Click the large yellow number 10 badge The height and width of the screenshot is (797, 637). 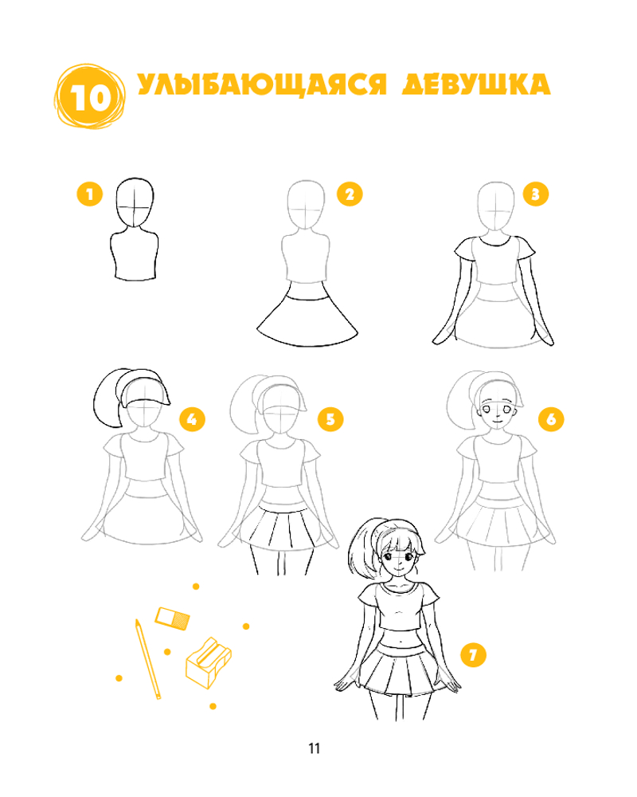pyautogui.click(x=89, y=96)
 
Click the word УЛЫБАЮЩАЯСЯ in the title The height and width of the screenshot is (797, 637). pyautogui.click(x=262, y=85)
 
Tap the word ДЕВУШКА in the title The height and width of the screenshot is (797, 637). pyautogui.click(x=476, y=84)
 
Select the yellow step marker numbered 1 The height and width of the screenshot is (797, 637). pyautogui.click(x=90, y=194)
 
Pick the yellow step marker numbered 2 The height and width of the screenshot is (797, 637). pyautogui.click(x=350, y=194)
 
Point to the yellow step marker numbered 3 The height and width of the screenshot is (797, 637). pyautogui.click(x=535, y=194)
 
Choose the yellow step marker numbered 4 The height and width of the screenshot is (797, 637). pyautogui.click(x=192, y=419)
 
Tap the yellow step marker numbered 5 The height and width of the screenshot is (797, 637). pyautogui.click(x=330, y=419)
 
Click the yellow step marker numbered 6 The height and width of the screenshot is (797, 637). pyautogui.click(x=551, y=419)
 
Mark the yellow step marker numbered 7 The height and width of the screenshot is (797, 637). pyautogui.click(x=474, y=654)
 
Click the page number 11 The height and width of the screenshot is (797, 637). pyautogui.click(x=315, y=748)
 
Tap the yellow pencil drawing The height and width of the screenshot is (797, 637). pyautogui.click(x=148, y=659)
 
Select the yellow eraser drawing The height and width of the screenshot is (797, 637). pyautogui.click(x=172, y=618)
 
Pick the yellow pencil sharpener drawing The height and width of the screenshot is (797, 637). pyautogui.click(x=209, y=663)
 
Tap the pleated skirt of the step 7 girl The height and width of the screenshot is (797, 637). pyautogui.click(x=400, y=669)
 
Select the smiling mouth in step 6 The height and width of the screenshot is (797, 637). pyautogui.click(x=497, y=420)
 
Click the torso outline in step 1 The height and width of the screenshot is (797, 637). pyautogui.click(x=135, y=254)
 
